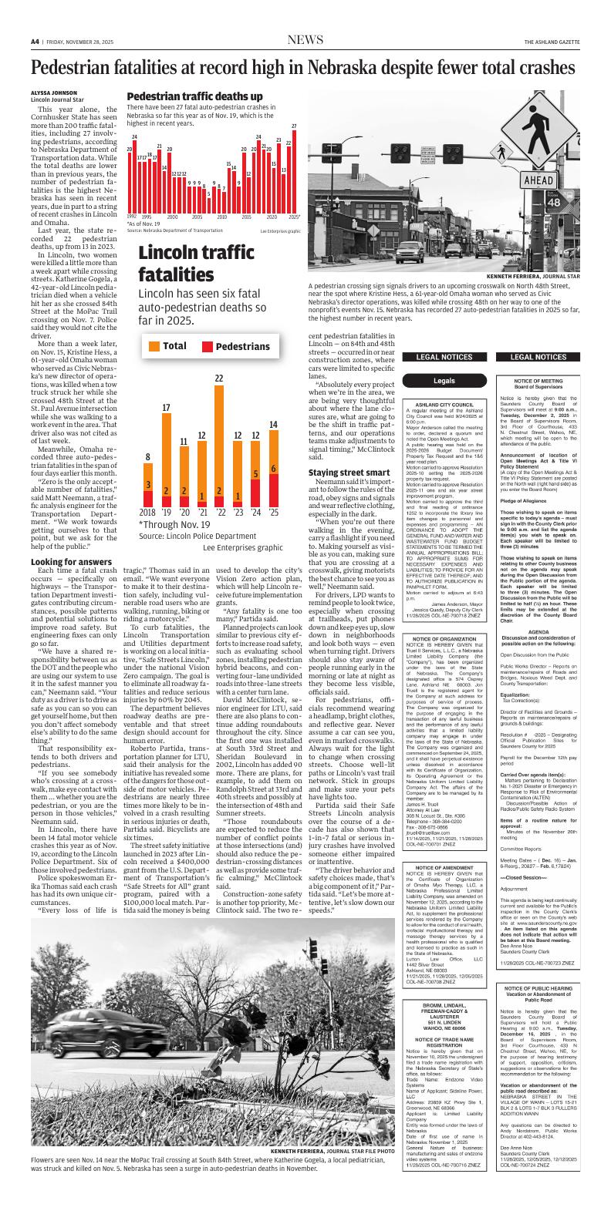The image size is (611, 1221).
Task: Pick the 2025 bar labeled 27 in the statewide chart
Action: click(294, 171)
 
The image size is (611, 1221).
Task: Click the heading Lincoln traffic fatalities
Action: click(202, 263)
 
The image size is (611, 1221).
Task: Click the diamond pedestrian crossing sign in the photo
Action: click(545, 123)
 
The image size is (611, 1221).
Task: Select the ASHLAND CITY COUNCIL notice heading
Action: click(444, 404)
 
